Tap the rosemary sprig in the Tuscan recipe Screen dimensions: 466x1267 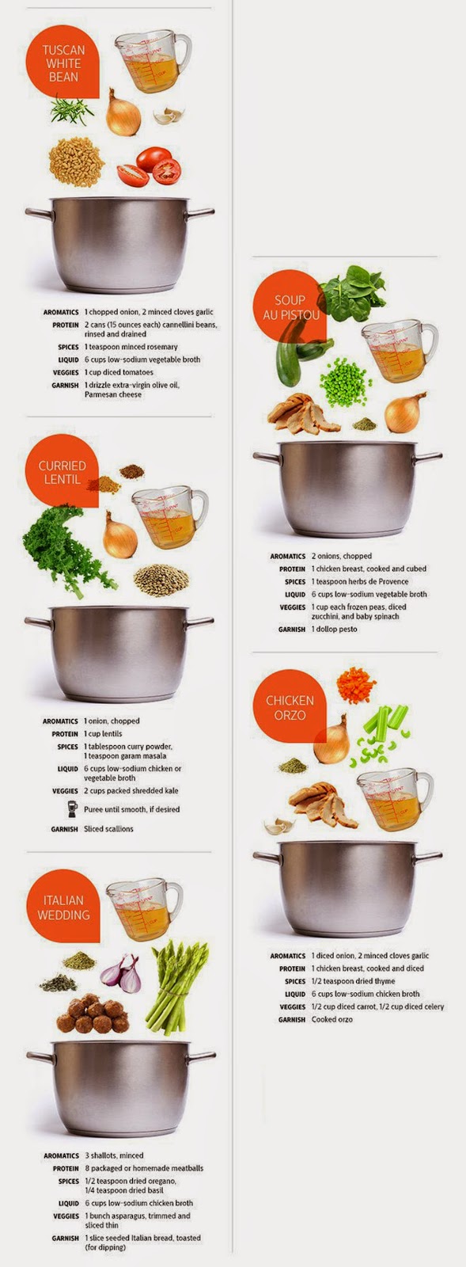72,111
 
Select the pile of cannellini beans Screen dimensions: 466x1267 76,162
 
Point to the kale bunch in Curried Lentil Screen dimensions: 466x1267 65,549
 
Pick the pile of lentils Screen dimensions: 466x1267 161,580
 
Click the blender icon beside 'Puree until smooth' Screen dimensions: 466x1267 72,809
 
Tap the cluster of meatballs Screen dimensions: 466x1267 93,1014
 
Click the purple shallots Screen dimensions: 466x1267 121,974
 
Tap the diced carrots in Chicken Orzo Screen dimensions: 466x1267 356,684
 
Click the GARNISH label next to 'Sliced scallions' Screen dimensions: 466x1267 64,829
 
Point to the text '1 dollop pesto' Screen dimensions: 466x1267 335,629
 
